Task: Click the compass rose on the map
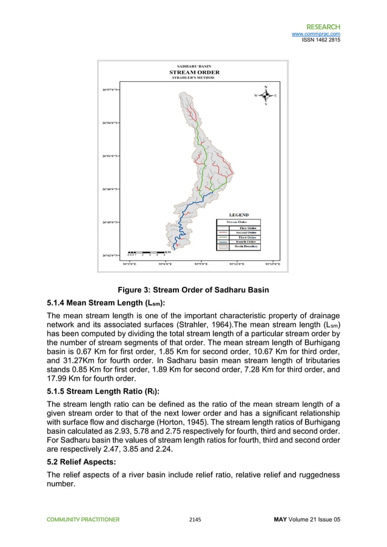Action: pos(265,95)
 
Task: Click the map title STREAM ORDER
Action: pos(193,72)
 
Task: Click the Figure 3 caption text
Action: pos(193,289)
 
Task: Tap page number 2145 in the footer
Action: pos(195,520)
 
